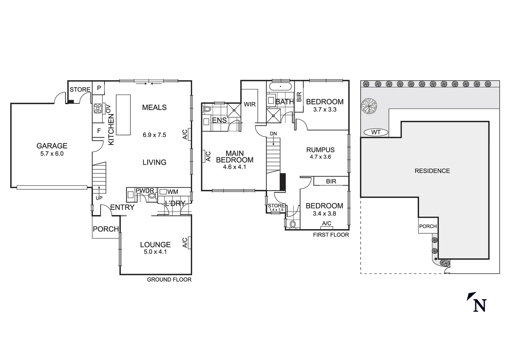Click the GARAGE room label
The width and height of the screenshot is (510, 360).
[52, 146]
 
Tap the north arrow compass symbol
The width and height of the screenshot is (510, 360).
[477, 302]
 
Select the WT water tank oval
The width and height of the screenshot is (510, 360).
[376, 132]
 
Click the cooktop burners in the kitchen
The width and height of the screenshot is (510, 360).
[98, 107]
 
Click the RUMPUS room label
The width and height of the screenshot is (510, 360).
[320, 150]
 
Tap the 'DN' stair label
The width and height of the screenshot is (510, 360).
[273, 134]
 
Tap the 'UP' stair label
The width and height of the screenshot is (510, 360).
[99, 198]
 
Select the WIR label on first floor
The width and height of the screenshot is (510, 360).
[249, 104]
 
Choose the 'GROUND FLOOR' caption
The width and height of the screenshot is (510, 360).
[169, 280]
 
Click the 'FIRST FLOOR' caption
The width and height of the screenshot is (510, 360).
[331, 235]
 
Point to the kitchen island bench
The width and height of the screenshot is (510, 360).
[123, 115]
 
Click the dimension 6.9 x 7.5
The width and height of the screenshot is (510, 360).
[154, 135]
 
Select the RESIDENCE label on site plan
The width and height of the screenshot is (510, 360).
[432, 171]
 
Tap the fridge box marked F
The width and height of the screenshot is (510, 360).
[99, 131]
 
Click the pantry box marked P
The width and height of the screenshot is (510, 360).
[99, 88]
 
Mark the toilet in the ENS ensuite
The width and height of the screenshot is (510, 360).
[207, 109]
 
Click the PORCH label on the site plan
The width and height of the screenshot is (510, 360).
[428, 226]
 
